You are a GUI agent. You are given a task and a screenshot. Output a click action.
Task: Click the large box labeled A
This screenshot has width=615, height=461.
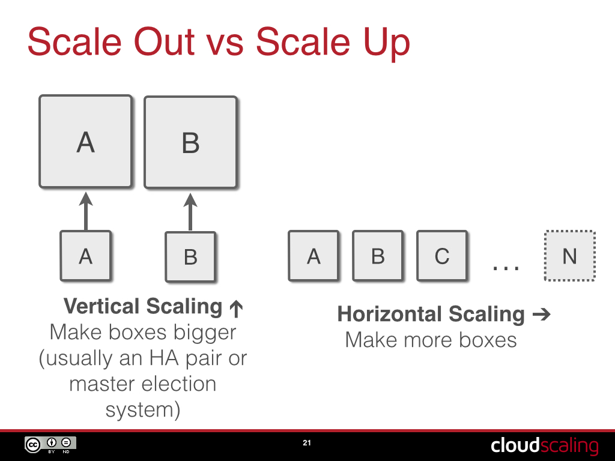pos(85,142)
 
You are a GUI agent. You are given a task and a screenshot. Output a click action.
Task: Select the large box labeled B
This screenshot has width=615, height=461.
pos(190,143)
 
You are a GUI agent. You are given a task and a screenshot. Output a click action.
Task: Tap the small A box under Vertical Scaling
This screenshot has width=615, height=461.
pos(85,256)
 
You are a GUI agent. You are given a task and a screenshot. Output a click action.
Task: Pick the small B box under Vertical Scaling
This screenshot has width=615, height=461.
pos(190,257)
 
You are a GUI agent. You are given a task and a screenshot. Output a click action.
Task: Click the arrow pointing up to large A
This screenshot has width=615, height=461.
pos(85,211)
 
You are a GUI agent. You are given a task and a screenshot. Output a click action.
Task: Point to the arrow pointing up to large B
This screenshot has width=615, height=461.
pos(190,211)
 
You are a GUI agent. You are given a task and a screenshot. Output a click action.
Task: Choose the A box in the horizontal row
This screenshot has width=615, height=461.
pos(314,256)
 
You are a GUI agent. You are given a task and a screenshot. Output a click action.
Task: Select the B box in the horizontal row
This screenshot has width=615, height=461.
pos(378,256)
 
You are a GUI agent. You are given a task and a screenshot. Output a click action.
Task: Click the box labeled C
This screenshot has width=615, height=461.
pos(442,256)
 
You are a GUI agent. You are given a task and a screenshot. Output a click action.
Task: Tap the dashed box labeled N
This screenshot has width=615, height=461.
pos(569,256)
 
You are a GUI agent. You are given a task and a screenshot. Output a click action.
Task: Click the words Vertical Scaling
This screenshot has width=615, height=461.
pos(143,306)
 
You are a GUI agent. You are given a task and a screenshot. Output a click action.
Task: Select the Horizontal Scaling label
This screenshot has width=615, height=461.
pos(431,314)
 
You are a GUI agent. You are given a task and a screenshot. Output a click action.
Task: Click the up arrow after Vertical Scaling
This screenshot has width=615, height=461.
pos(235,309)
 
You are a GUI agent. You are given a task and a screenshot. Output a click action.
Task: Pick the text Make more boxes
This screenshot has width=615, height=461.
pos(431,340)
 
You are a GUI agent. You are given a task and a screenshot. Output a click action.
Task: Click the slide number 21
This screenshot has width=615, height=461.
pos(307,444)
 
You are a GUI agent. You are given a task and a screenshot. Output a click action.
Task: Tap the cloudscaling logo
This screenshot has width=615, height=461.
pos(545,445)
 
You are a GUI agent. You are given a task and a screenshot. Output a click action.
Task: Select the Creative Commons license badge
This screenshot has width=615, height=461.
pos(50,445)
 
